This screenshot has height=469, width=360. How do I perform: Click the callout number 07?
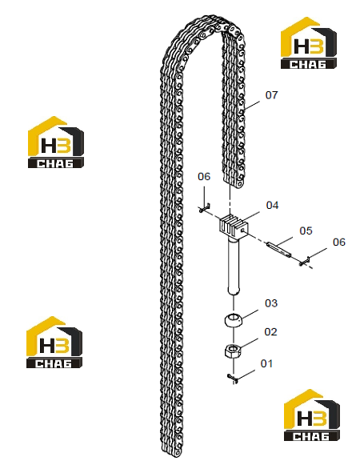[x=271, y=95]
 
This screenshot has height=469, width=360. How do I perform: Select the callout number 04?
[x=272, y=205]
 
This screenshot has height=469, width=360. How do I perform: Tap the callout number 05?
[x=306, y=230]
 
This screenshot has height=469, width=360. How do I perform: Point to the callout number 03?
[x=271, y=303]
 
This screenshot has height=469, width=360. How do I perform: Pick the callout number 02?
[x=270, y=331]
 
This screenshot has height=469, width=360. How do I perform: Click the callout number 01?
[x=266, y=363]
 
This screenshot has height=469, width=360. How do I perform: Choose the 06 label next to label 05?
[x=339, y=242]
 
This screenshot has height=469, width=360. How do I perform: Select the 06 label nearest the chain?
[x=204, y=176]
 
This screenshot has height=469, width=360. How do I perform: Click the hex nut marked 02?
[x=233, y=351]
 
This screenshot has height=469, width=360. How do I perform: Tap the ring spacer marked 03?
[x=234, y=320]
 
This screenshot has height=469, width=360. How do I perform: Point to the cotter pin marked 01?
[x=233, y=378]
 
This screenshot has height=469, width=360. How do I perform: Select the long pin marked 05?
[x=278, y=249]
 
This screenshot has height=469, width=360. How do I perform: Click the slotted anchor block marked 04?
[x=234, y=225]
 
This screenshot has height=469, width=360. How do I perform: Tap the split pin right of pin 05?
[x=305, y=262]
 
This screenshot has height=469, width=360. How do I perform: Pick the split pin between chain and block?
[x=204, y=208]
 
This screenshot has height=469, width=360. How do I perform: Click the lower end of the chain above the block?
[x=234, y=182]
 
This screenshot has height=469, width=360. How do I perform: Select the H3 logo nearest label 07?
[x=309, y=43]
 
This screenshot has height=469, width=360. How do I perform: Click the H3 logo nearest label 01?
[x=312, y=415]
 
